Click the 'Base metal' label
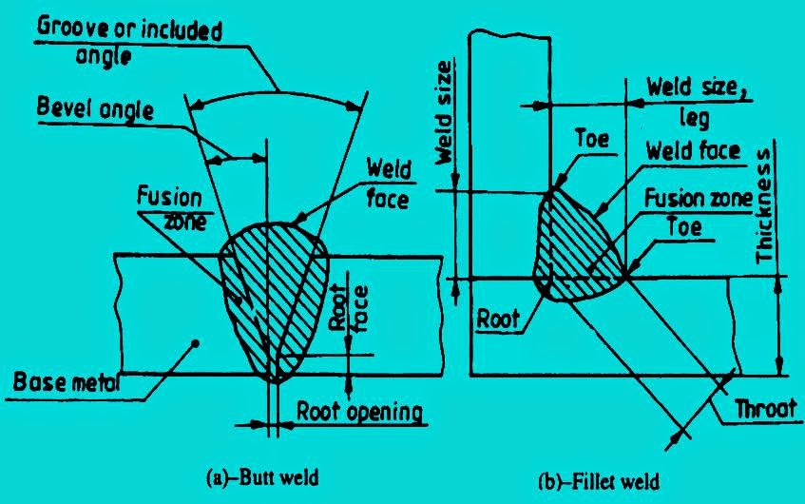click(58, 383)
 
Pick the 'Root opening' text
click(358, 412)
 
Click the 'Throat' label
click(762, 410)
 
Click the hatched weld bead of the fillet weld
click(575, 242)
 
